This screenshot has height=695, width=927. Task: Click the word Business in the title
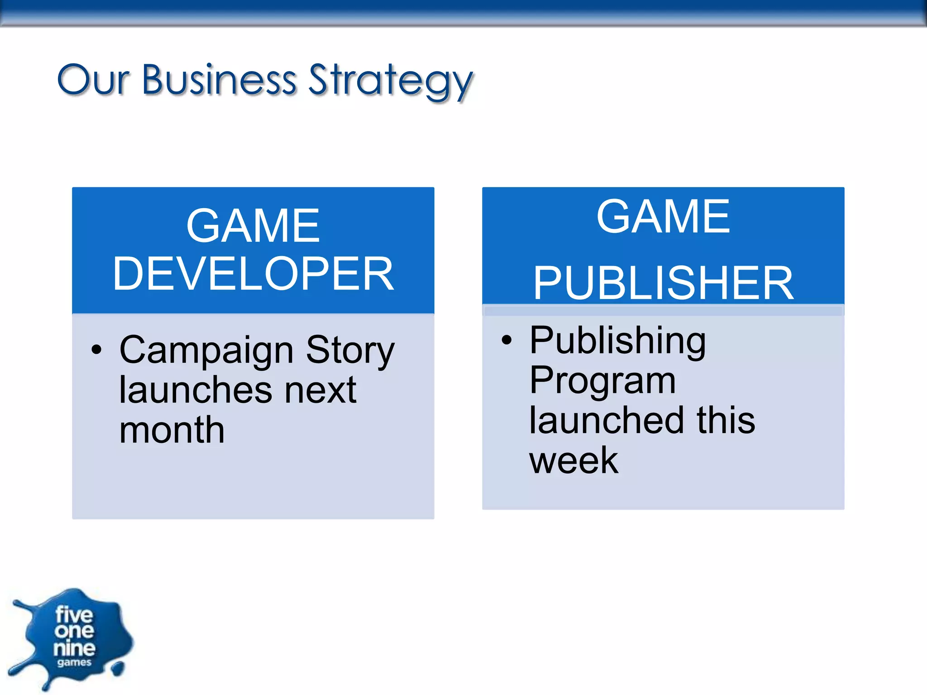click(x=219, y=80)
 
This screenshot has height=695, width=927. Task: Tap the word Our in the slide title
click(x=93, y=81)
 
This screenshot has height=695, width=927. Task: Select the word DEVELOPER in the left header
click(x=253, y=274)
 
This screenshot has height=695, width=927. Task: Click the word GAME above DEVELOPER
click(x=253, y=226)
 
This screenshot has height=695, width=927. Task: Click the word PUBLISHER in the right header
click(x=663, y=283)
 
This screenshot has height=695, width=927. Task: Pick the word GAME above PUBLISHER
click(x=663, y=217)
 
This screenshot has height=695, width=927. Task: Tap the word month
click(x=172, y=430)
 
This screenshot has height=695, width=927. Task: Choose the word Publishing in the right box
click(x=617, y=342)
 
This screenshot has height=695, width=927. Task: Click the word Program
click(x=602, y=381)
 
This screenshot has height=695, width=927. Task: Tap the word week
click(x=573, y=460)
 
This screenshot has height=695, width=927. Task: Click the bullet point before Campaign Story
click(x=96, y=350)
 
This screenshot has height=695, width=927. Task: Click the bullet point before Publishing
click(x=507, y=340)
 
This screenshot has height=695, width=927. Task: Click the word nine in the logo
click(x=74, y=648)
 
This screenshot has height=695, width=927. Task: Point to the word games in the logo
click(x=74, y=663)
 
